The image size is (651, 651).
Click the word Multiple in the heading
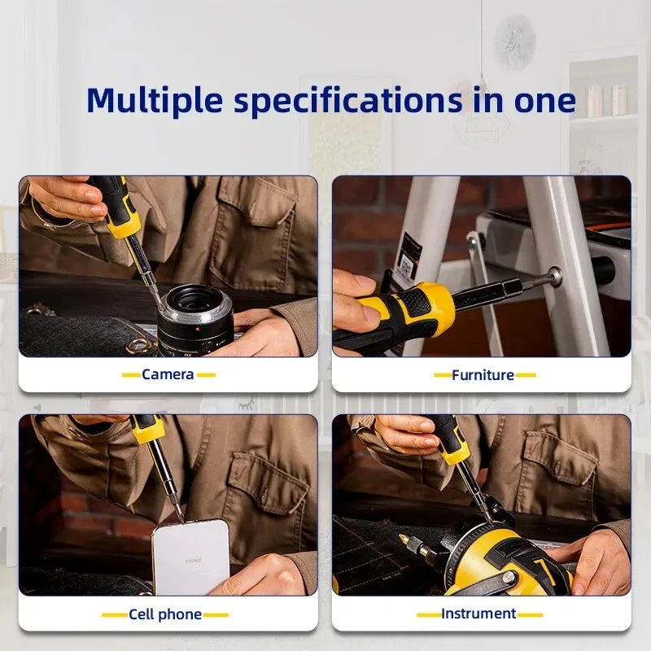pos(154,100)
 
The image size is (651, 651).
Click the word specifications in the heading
pos(348,100)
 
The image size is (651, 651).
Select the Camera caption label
pos(168,374)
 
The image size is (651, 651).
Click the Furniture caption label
pos(483,375)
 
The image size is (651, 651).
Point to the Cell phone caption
pos(165,614)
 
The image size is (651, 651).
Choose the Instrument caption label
pos(478,614)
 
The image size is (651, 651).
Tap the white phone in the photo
pos(191,557)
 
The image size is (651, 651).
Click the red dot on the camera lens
pos(198,330)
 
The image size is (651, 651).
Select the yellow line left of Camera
pos(131,375)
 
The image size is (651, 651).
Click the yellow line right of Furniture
pos(526,375)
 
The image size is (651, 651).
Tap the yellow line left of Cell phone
pos(114,615)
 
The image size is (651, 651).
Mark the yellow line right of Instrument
pos(531,615)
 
